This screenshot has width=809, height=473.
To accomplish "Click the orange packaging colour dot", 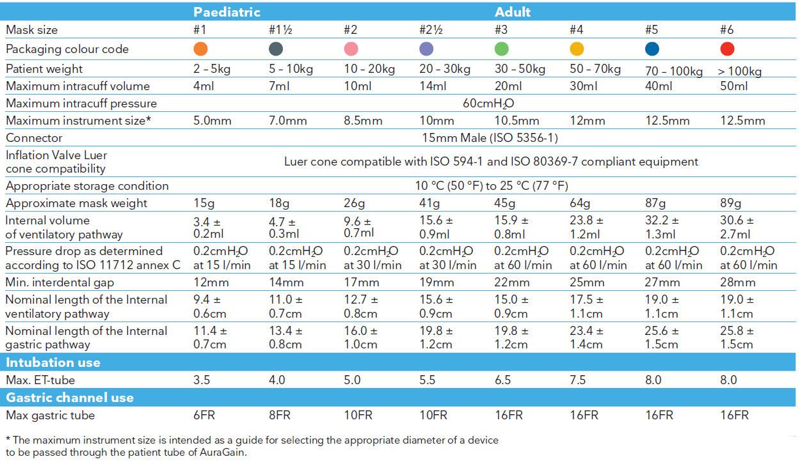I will pyautogui.click(x=200, y=49).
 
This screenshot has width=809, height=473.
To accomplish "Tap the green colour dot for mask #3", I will pyautogui.click(x=502, y=49).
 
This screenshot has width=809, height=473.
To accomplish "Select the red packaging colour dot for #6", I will pyautogui.click(x=727, y=49).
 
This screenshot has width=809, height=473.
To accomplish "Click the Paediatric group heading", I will pyautogui.click(x=227, y=12).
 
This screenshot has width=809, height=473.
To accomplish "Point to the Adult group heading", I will pyautogui.click(x=512, y=12).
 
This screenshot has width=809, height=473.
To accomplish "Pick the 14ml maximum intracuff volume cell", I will pyautogui.click(x=433, y=86).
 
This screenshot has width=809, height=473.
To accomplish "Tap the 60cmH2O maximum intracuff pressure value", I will pyautogui.click(x=488, y=104).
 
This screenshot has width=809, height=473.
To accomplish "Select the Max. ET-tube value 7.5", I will pyautogui.click(x=577, y=380).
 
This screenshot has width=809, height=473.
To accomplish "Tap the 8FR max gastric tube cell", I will pyautogui.click(x=280, y=415).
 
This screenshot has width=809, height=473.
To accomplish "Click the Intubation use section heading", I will pyautogui.click(x=53, y=362).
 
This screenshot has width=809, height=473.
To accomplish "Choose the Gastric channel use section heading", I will pyautogui.click(x=70, y=398).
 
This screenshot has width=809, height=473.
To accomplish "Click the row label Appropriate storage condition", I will pyautogui.click(x=87, y=186).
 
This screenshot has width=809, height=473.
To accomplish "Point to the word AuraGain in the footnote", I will pyautogui.click(x=223, y=453).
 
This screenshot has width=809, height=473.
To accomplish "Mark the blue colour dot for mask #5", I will pyautogui.click(x=652, y=49).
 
